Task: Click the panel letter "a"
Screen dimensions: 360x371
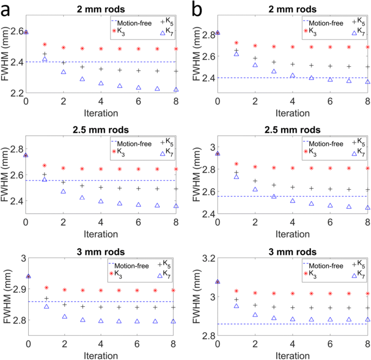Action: (8, 9)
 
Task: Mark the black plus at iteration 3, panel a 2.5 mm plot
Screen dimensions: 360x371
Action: (82, 186)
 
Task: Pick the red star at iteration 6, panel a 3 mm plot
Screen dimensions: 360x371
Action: (138, 291)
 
